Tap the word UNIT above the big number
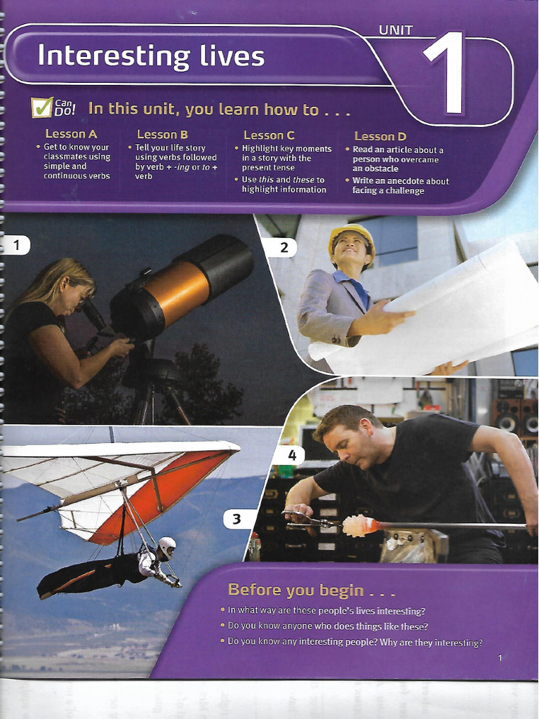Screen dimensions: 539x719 click(396, 30)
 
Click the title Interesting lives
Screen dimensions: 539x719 click(151, 56)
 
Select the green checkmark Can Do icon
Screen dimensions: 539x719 click(41, 107)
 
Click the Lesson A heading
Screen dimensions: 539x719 click(71, 134)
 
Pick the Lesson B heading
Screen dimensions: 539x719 click(162, 134)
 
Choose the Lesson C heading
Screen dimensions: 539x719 click(269, 136)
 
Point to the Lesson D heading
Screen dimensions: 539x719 click(380, 136)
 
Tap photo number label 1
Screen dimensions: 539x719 click(17, 245)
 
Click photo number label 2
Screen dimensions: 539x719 click(284, 248)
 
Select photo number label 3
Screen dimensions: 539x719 click(236, 519)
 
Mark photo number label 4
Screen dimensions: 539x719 click(292, 455)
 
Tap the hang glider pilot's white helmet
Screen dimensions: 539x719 click(167, 546)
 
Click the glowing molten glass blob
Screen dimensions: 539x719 click(357, 525)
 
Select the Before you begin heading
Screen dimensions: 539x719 click(311, 590)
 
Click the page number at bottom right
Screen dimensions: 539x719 click(500, 658)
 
